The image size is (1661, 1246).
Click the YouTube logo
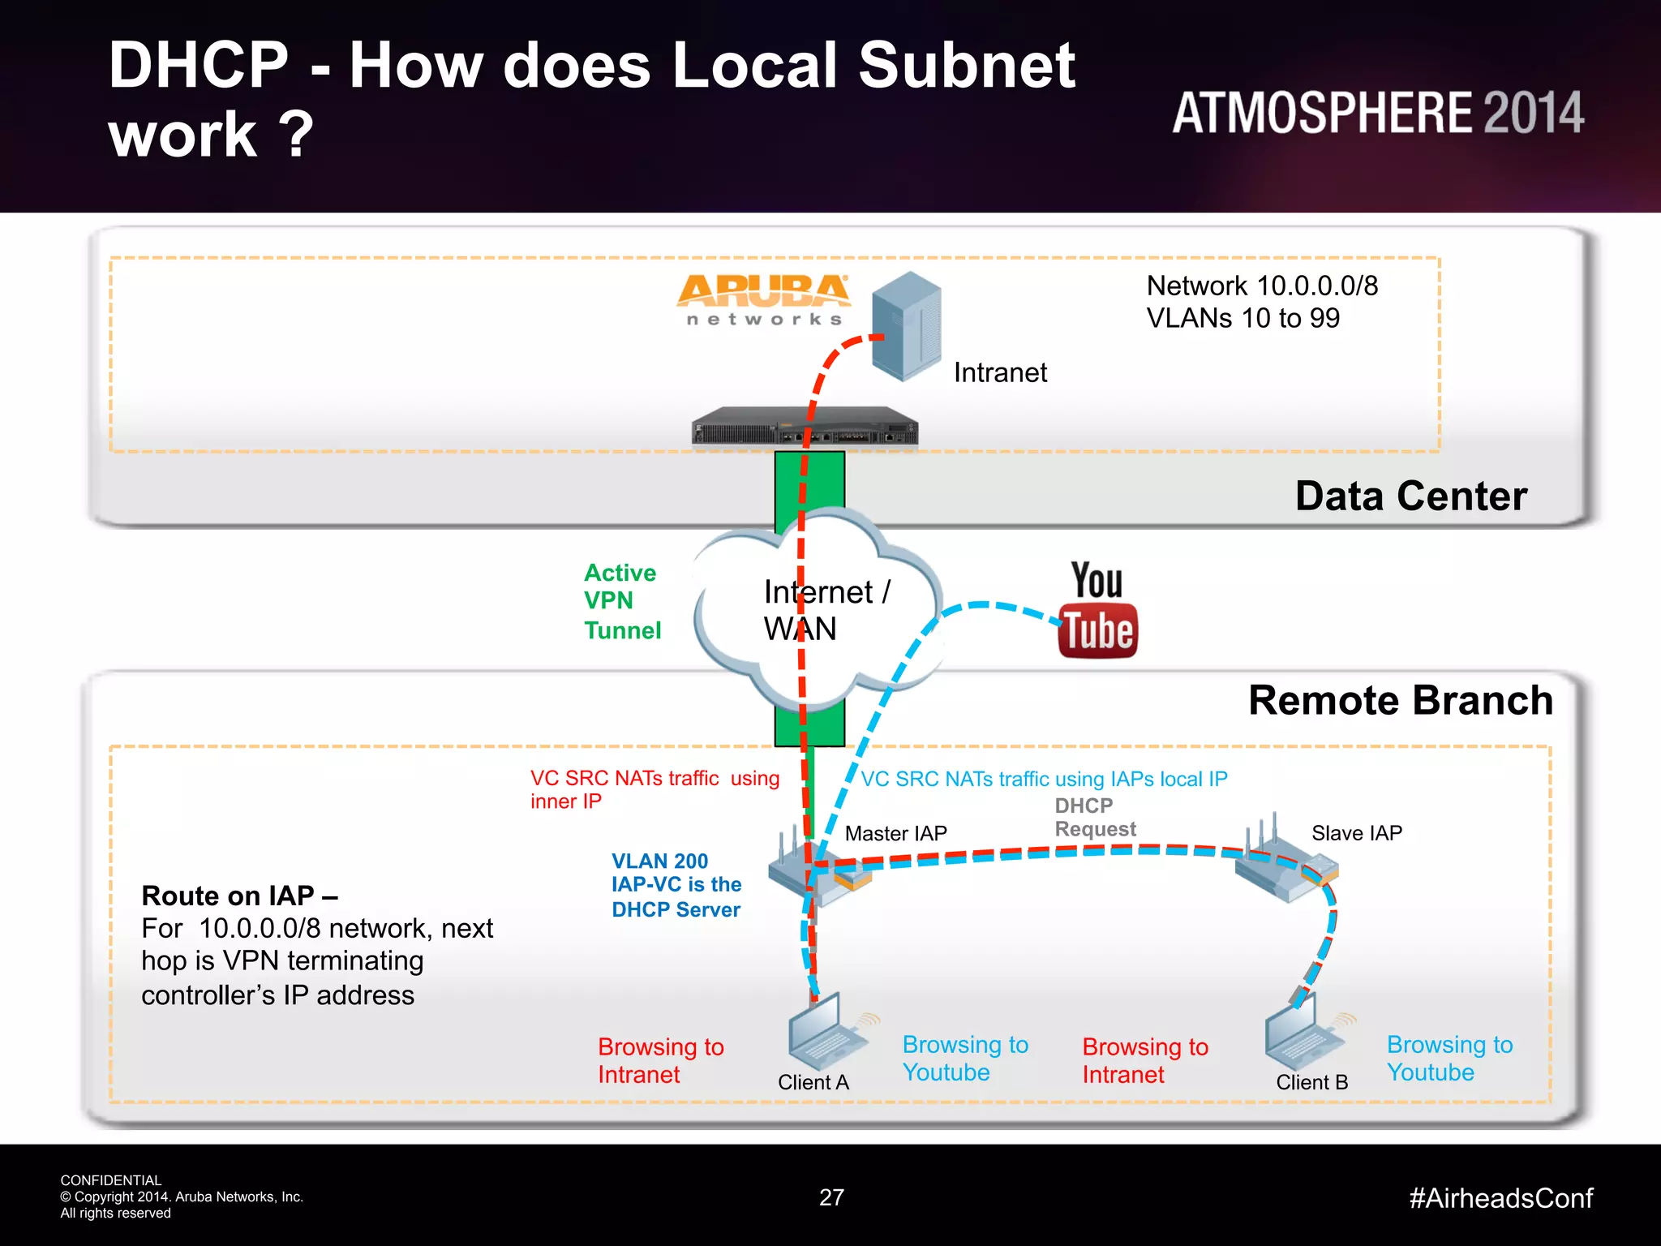[1097, 610]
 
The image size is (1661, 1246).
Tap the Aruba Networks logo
[763, 299]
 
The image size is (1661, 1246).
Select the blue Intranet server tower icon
[908, 326]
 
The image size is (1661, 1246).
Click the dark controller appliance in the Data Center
[805, 427]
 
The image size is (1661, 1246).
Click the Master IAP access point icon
[816, 872]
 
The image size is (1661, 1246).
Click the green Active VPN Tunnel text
[622, 601]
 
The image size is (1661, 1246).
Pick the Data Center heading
[1410, 496]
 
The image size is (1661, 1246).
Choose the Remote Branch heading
[1400, 700]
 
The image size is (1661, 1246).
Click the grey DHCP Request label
[1094, 817]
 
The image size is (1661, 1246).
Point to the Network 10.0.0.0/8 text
[1261, 286]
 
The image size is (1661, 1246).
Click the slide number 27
[831, 1197]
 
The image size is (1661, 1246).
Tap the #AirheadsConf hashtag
[1500, 1198]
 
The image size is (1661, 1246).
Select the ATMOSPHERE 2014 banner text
[1377, 113]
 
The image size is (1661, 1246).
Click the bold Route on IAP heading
[239, 896]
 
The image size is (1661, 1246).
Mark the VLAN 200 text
[659, 861]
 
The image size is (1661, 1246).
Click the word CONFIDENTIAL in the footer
[111, 1180]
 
